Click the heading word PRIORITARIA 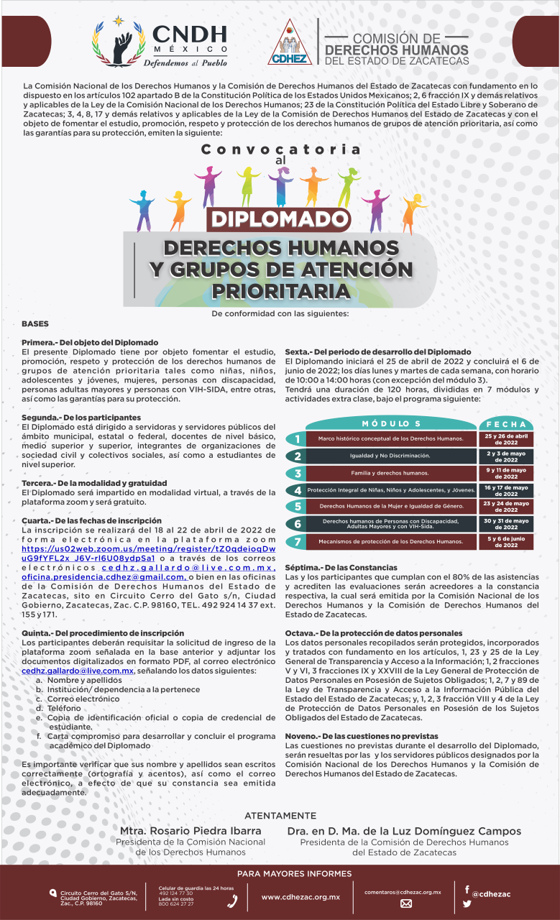click(281, 292)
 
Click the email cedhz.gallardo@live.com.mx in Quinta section click(78, 670)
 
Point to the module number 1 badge click(297, 438)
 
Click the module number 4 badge click(297, 490)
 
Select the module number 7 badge click(297, 541)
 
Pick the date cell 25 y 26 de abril click(506, 438)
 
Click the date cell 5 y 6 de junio click(506, 541)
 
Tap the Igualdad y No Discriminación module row click(390, 456)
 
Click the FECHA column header click(506, 423)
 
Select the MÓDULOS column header click(391, 423)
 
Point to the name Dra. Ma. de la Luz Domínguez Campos click(404, 831)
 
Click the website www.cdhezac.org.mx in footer click(300, 897)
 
